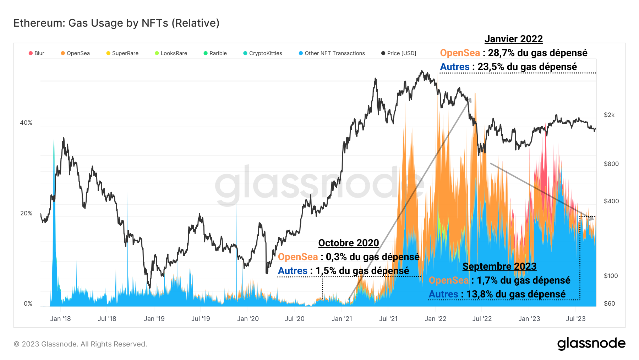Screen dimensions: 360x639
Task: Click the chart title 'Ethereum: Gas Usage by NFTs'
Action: click(116, 23)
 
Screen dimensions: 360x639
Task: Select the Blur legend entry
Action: click(37, 53)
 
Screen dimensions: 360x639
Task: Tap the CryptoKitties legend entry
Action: click(263, 53)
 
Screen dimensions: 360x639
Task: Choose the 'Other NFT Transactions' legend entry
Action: click(332, 53)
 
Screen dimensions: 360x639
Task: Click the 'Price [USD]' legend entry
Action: click(399, 53)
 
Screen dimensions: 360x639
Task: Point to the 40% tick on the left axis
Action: click(26, 123)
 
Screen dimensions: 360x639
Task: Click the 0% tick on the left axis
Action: click(28, 303)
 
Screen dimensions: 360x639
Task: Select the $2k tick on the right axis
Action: click(609, 115)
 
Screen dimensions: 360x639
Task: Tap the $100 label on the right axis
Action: click(611, 276)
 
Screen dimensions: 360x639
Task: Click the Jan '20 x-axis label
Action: click(248, 319)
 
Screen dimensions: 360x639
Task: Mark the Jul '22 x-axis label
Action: click(482, 319)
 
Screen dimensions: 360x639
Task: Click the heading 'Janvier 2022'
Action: click(513, 39)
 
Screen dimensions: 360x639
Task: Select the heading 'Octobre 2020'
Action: click(348, 243)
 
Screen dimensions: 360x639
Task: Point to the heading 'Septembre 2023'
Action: click(499, 267)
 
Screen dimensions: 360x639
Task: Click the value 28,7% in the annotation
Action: click(501, 53)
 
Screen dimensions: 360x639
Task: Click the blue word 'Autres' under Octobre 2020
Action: click(293, 271)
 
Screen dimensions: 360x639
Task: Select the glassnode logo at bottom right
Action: click(591, 344)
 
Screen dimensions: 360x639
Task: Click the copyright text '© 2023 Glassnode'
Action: click(80, 344)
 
